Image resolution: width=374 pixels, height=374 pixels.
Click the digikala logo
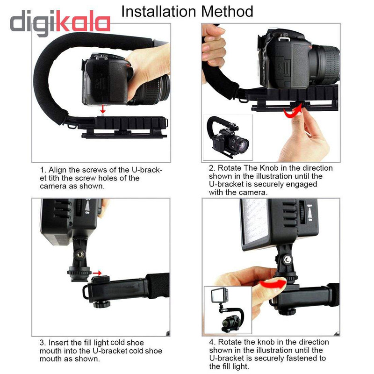point(60,22)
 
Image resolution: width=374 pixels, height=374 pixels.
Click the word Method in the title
point(227,11)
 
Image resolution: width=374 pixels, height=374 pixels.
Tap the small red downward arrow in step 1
point(103,109)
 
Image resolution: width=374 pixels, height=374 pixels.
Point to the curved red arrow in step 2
point(293,113)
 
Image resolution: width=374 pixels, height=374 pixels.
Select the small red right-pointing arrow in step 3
point(97,273)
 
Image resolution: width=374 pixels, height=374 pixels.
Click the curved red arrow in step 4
point(273,284)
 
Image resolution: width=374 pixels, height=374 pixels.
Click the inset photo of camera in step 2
point(228,137)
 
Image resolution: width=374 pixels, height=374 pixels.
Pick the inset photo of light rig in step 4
point(228,310)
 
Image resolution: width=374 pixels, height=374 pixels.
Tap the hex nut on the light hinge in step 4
point(287,260)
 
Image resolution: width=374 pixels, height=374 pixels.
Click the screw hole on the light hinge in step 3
point(80,255)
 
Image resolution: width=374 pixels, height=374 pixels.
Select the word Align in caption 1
point(58,170)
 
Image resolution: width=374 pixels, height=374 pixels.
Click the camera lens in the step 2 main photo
point(325,65)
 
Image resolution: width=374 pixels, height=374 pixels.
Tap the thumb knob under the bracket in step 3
point(101,304)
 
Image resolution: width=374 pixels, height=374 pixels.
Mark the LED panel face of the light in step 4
point(254,220)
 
